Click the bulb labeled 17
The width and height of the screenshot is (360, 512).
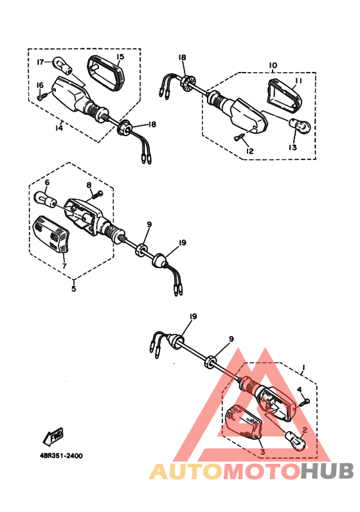pos(63,64)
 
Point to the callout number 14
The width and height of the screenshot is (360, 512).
pos(59,127)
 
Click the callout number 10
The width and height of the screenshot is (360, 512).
pos(273,66)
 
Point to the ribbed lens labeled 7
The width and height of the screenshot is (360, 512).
pos(51,233)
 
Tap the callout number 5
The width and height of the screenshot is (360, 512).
pos(74,288)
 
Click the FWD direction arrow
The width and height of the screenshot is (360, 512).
pos(53,437)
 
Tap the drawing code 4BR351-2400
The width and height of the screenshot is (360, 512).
pos(61,456)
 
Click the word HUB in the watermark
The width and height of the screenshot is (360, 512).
pos(327,472)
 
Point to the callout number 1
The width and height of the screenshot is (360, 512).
pos(303,368)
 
